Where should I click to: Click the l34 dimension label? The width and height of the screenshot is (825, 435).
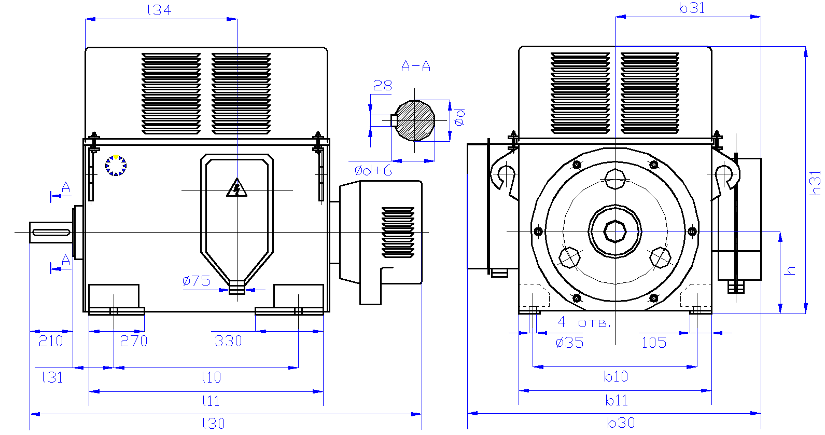click(159, 10)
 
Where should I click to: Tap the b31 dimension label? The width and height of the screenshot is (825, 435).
click(692, 8)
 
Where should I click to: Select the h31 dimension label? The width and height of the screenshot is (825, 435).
click(816, 183)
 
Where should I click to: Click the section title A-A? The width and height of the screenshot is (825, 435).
click(416, 66)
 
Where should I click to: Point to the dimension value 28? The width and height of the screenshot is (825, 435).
click(383, 86)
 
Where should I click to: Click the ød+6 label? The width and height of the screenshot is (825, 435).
click(373, 170)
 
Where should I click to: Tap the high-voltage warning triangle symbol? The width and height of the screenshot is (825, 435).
click(237, 188)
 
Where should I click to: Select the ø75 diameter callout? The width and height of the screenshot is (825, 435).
click(196, 281)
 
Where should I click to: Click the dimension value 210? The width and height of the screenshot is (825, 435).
click(51, 341)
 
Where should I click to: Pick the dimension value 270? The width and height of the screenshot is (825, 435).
click(134, 341)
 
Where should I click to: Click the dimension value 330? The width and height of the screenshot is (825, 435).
click(228, 341)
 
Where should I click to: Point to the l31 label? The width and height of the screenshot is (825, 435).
click(52, 377)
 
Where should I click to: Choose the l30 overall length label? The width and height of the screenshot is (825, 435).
click(213, 424)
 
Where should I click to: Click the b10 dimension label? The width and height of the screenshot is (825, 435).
click(616, 376)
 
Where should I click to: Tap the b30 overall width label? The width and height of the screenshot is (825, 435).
click(621, 423)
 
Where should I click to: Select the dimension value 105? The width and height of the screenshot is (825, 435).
click(654, 343)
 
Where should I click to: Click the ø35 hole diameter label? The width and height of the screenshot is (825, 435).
click(569, 343)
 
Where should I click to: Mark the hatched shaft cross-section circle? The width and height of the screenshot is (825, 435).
click(415, 120)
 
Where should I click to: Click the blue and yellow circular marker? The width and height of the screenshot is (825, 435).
click(116, 166)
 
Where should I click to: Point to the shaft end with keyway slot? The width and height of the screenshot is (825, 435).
click(51, 232)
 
